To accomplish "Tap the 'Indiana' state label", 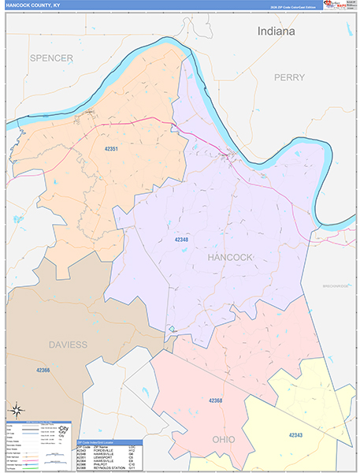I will coord(275,31).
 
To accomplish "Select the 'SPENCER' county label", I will coord(52,58).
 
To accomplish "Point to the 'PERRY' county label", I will coord(289,77).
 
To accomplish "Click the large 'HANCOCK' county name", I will coord(230,258).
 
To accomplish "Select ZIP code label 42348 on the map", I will coord(182,237).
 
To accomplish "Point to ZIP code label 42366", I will coord(45,370).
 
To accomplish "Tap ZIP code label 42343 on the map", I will coord(295,435).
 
